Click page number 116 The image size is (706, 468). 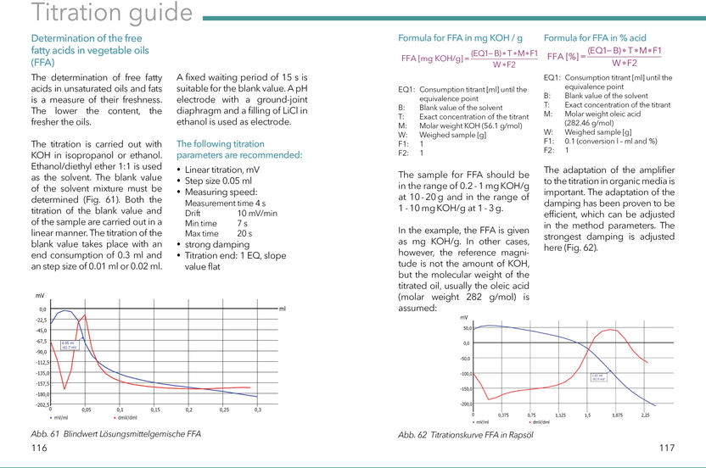(x=39, y=447)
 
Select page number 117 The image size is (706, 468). (x=666, y=447)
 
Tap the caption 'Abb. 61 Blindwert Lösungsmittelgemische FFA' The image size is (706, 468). (x=115, y=433)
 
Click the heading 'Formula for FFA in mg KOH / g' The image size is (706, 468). (x=460, y=38)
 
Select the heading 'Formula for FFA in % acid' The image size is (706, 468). (x=595, y=38)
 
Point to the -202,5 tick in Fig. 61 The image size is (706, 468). (x=41, y=404)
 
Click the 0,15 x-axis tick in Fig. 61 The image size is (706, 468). (x=154, y=409)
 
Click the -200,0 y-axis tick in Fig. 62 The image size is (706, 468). (x=466, y=404)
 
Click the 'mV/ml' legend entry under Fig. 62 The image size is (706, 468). (x=481, y=421)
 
